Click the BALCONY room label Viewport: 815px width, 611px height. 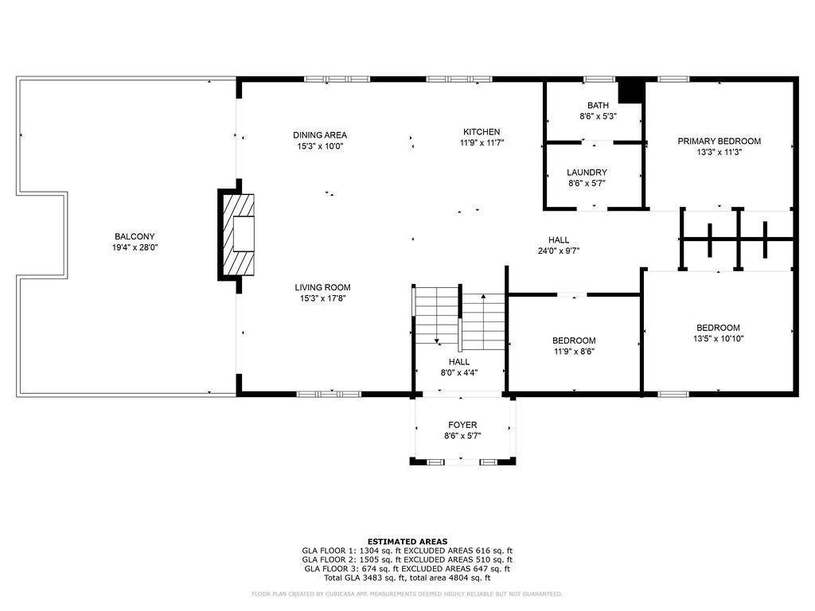[x=135, y=236]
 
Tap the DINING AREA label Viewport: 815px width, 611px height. [x=320, y=135]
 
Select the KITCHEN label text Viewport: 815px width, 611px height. [x=482, y=132]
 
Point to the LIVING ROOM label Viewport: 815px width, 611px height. [x=322, y=287]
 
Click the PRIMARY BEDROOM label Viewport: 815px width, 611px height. [x=719, y=141]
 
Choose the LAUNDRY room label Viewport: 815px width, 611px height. [x=587, y=172]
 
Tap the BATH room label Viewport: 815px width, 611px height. [x=598, y=105]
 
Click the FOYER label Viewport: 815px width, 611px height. [x=462, y=425]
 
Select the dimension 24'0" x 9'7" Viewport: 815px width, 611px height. [x=558, y=251]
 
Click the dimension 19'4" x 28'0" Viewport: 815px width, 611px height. [x=135, y=248]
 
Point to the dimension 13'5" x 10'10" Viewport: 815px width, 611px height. [x=719, y=339]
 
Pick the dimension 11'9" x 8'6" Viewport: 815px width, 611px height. [x=574, y=352]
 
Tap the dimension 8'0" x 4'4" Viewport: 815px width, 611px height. [x=459, y=372]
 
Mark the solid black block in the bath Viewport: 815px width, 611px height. [x=630, y=91]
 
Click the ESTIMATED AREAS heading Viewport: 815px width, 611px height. [x=407, y=541]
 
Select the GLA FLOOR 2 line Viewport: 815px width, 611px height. [x=407, y=559]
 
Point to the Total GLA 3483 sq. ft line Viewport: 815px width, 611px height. [x=407, y=578]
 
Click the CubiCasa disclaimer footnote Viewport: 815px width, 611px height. [x=407, y=593]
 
